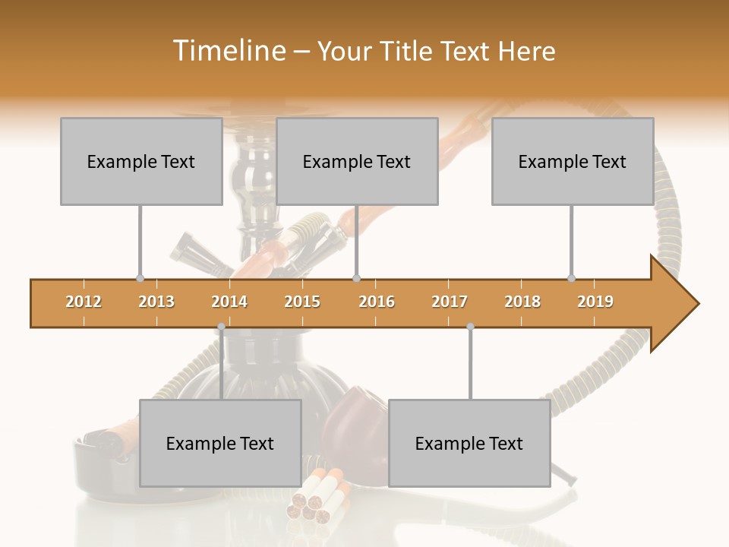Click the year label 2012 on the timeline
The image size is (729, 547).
(84, 302)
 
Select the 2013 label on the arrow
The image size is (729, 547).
(156, 302)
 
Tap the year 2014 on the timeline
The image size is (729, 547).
(229, 302)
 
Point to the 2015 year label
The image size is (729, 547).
(302, 302)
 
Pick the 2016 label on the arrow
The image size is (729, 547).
(377, 302)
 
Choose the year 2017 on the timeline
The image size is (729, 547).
(450, 302)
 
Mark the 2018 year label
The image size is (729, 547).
(522, 302)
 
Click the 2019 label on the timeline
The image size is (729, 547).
(595, 302)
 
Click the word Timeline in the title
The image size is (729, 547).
(227, 51)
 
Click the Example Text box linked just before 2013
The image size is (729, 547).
(141, 161)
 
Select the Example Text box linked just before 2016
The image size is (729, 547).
(357, 161)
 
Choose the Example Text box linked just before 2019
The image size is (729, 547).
(573, 161)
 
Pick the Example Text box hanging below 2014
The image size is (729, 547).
(220, 443)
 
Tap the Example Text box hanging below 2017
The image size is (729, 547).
(469, 443)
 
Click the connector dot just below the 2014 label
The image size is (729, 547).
(221, 327)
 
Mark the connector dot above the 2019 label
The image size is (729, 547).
(572, 278)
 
